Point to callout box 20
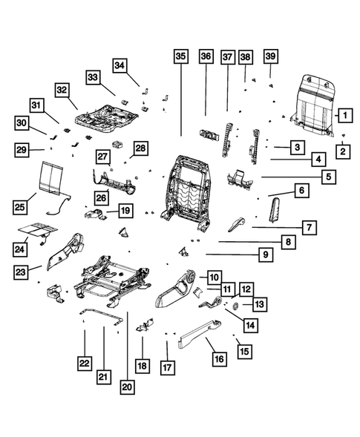pyautogui.click(x=127, y=385)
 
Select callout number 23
pyautogui.click(x=22, y=272)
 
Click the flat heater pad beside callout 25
pyautogui.click(x=53, y=178)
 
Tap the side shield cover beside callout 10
pyautogui.click(x=175, y=290)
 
